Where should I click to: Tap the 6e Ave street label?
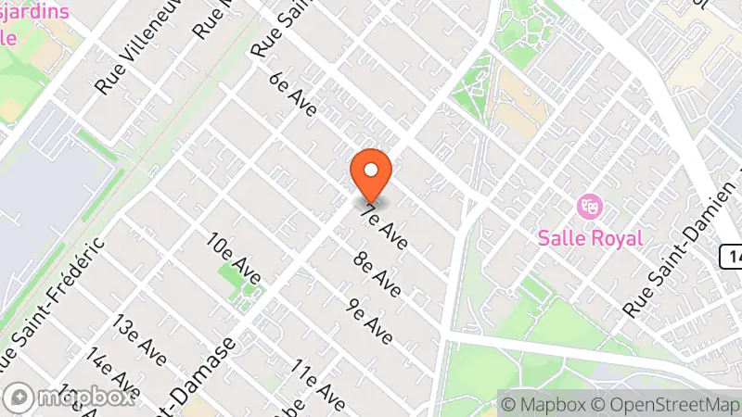(x=293, y=95)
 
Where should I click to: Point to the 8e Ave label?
(x=377, y=274)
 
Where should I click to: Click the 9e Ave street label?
(x=369, y=322)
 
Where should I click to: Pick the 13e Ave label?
(x=139, y=338)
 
